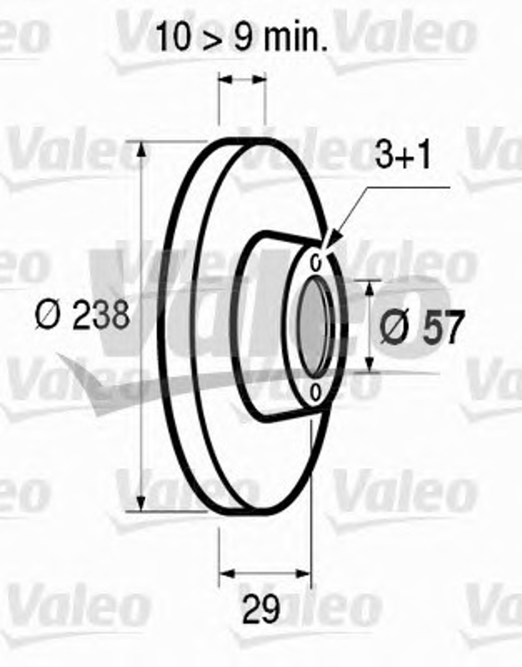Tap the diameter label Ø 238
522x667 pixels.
pyautogui.click(x=83, y=315)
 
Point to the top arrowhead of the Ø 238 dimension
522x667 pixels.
pyautogui.click(x=141, y=150)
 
